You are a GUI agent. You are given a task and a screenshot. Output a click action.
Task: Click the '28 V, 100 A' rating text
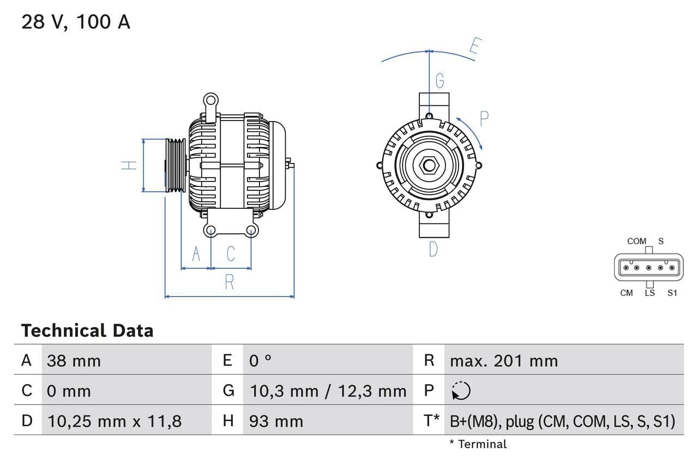[x=76, y=22]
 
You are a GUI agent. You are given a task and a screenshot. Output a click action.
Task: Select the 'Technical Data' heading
[x=87, y=330]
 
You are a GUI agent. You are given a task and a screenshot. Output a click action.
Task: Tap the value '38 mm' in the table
[x=74, y=360]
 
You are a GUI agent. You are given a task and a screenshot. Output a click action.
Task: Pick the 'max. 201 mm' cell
[x=503, y=360]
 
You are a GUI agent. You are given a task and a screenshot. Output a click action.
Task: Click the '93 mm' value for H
[x=276, y=421]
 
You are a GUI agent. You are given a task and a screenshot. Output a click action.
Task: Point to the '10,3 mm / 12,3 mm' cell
[x=328, y=391]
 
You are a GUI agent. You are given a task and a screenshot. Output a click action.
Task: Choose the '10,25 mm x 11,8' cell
[x=115, y=421]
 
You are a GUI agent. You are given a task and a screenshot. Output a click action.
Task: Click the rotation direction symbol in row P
[x=461, y=391]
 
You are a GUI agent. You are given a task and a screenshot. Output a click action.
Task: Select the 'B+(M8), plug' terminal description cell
[x=562, y=421]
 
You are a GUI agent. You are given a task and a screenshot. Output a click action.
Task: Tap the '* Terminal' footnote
[x=478, y=444]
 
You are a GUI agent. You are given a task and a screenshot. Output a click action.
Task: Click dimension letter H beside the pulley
[x=129, y=165]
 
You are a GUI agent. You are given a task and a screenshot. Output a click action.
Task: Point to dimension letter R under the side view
[x=230, y=282]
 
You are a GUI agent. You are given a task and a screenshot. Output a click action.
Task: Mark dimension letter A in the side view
[x=196, y=254]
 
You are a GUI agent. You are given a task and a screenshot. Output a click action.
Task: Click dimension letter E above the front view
[x=474, y=47]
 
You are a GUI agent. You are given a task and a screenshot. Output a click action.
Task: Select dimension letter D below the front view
[x=433, y=250]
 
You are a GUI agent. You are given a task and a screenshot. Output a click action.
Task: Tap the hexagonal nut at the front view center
[x=429, y=165]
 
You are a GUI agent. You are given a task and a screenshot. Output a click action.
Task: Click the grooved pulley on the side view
[x=176, y=165]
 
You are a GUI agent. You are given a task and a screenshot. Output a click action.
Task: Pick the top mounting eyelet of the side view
[x=210, y=100]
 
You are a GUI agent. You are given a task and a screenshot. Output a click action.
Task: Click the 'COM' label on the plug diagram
[x=636, y=241]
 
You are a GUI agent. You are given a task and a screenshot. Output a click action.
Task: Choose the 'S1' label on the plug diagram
[x=672, y=293]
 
